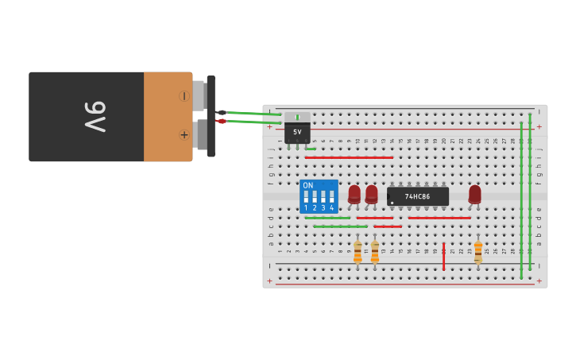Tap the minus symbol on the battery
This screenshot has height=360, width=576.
184,96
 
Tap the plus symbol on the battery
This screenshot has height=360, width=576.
184,134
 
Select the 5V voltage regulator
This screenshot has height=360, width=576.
297,129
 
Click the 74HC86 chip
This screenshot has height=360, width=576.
418,195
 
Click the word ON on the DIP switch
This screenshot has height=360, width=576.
308,185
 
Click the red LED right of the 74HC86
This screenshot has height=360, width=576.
475,193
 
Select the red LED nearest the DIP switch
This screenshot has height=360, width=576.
354,193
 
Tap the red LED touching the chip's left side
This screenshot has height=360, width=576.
372,193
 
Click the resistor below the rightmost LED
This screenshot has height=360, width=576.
478,252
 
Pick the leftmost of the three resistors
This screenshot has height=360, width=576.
358,252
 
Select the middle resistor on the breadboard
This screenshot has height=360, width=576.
375,252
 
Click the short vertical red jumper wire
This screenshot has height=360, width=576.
444,256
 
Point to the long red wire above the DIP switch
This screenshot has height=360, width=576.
349,157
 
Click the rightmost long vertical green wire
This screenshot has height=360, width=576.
530,199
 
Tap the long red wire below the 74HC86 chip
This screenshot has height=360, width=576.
439,218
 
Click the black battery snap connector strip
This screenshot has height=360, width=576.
211,116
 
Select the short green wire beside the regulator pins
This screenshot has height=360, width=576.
311,149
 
